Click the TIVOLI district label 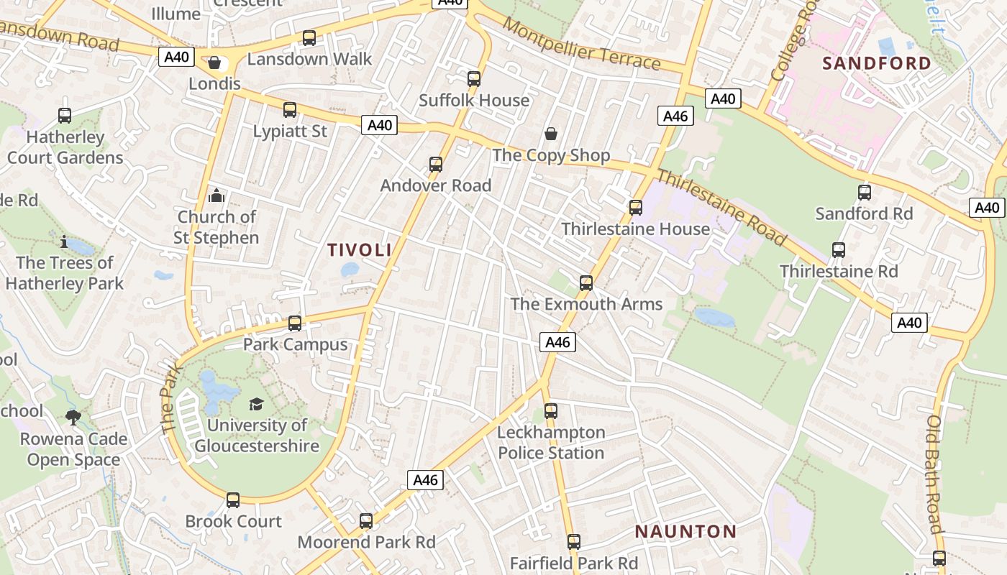pyautogui.click(x=360, y=250)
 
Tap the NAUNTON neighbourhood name pyautogui.click(x=685, y=532)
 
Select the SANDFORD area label pyautogui.click(x=877, y=63)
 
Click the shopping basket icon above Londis pyautogui.click(x=214, y=63)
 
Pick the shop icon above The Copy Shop pyautogui.click(x=551, y=134)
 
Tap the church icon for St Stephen pyautogui.click(x=216, y=195)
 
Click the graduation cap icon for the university pyautogui.click(x=256, y=404)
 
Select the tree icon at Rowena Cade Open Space pyautogui.click(x=73, y=418)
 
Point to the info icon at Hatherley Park pyautogui.click(x=64, y=242)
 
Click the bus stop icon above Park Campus pyautogui.click(x=295, y=323)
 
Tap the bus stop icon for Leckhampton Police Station pyautogui.click(x=551, y=411)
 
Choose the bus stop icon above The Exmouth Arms pyautogui.click(x=586, y=283)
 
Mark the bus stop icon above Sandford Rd pyautogui.click(x=865, y=193)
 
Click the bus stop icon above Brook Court pyautogui.click(x=233, y=500)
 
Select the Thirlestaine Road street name pyautogui.click(x=721, y=207)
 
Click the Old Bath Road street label pyautogui.click(x=934, y=474)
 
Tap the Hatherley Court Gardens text pyautogui.click(x=65, y=147)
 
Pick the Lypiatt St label pyautogui.click(x=290, y=132)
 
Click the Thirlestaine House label pyautogui.click(x=635, y=229)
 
